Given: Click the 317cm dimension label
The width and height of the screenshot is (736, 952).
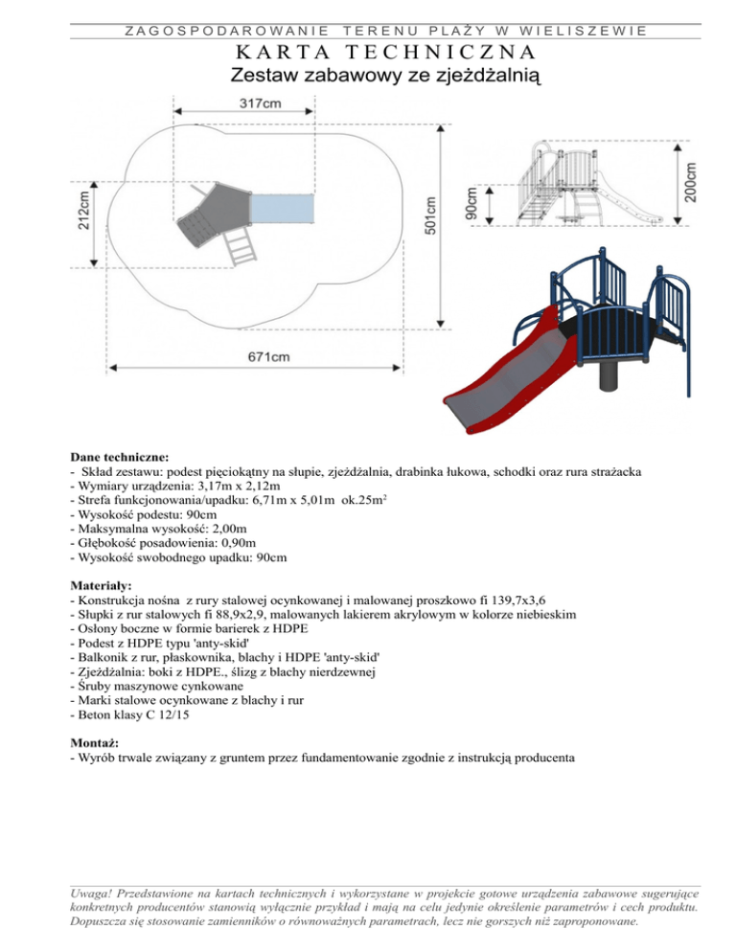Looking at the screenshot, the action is click(x=261, y=103).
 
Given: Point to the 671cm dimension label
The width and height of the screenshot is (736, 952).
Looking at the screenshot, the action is click(x=270, y=357).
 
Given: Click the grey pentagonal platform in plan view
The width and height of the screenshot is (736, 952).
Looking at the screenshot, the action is click(x=207, y=211).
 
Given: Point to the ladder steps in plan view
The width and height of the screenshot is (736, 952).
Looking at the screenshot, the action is click(x=241, y=248).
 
